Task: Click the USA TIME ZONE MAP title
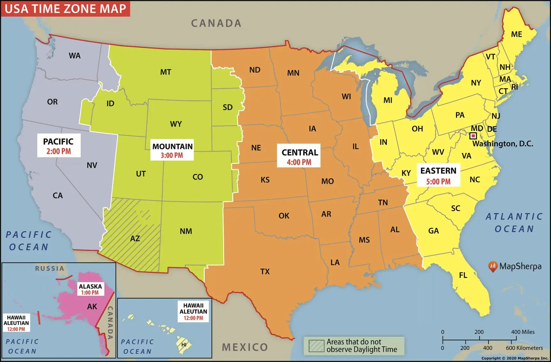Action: tap(65, 8)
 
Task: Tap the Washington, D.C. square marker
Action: tap(474, 136)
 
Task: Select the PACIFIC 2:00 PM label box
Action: tap(59, 146)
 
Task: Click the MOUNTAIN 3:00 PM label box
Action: tap(172, 150)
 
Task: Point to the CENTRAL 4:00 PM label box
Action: tap(299, 156)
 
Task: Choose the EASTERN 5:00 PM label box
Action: tap(438, 175)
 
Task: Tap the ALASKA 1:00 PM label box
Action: tap(90, 289)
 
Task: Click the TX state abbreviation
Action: tap(265, 271)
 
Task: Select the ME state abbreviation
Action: tap(516, 34)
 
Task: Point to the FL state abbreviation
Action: tap(463, 275)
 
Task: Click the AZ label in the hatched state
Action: tap(135, 238)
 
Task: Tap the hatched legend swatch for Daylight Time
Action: tap(316, 346)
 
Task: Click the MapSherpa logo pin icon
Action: tap(493, 266)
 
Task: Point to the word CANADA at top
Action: tap(216, 23)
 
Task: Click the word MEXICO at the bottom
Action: tap(245, 347)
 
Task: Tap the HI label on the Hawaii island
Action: tap(184, 345)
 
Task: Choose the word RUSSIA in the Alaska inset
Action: tap(49, 268)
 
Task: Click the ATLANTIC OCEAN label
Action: tap(514, 223)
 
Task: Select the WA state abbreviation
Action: tap(75, 56)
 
